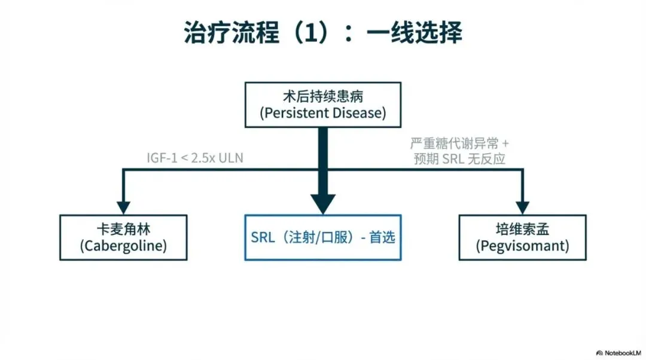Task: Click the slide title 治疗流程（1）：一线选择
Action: click(x=322, y=33)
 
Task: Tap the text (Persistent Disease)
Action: click(x=323, y=113)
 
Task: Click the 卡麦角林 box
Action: click(x=123, y=237)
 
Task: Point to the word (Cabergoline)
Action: click(x=123, y=246)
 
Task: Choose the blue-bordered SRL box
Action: click(x=323, y=237)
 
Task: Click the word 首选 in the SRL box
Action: click(x=382, y=237)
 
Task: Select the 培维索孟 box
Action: click(x=522, y=237)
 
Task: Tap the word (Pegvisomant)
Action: click(x=522, y=246)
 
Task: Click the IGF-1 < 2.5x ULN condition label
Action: click(x=196, y=158)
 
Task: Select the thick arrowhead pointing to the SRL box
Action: click(x=323, y=203)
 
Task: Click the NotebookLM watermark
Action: click(x=619, y=352)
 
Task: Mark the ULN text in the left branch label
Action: click(x=231, y=158)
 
